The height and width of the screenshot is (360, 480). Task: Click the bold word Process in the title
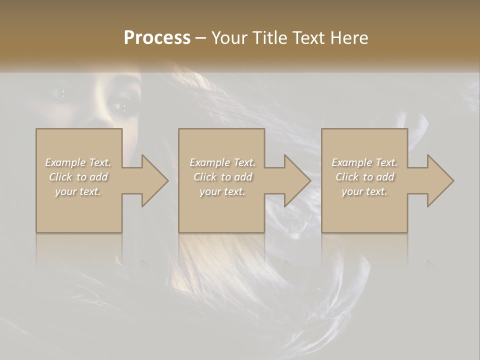point(157,38)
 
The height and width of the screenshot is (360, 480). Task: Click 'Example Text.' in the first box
point(78,162)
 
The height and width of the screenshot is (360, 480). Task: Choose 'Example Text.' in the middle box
point(222,162)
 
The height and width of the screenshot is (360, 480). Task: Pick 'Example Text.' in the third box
point(364,162)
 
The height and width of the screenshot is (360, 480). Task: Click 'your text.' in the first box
point(78,191)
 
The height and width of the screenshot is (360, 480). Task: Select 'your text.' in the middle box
point(222,191)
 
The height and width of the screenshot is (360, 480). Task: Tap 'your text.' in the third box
point(364,191)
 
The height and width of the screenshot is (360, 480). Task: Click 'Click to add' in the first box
point(78,177)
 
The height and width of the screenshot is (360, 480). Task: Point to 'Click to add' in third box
point(364,177)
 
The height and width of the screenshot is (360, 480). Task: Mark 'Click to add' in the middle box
point(222,177)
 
